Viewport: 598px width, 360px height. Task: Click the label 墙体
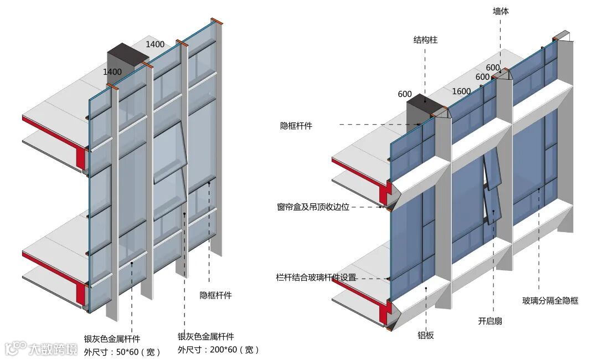pyautogui.click(x=502, y=11)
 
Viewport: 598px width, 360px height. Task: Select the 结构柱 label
pyautogui.click(x=425, y=40)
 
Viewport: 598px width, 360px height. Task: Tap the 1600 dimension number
pyautogui.click(x=461, y=91)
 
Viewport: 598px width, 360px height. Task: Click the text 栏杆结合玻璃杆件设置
pyautogui.click(x=316, y=277)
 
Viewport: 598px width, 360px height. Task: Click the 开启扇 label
pyautogui.click(x=490, y=321)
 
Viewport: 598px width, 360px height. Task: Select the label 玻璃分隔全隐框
pyautogui.click(x=550, y=301)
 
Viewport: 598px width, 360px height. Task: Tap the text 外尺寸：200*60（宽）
pyautogui.click(x=218, y=349)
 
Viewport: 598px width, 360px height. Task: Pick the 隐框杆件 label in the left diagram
pyautogui.click(x=215, y=295)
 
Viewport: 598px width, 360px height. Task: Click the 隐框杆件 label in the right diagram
pyautogui.click(x=296, y=126)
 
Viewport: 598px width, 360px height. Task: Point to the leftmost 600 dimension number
pyautogui.click(x=405, y=94)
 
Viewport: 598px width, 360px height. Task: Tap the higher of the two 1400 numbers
pyautogui.click(x=155, y=44)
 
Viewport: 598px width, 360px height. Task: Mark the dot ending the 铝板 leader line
pyautogui.click(x=425, y=288)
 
